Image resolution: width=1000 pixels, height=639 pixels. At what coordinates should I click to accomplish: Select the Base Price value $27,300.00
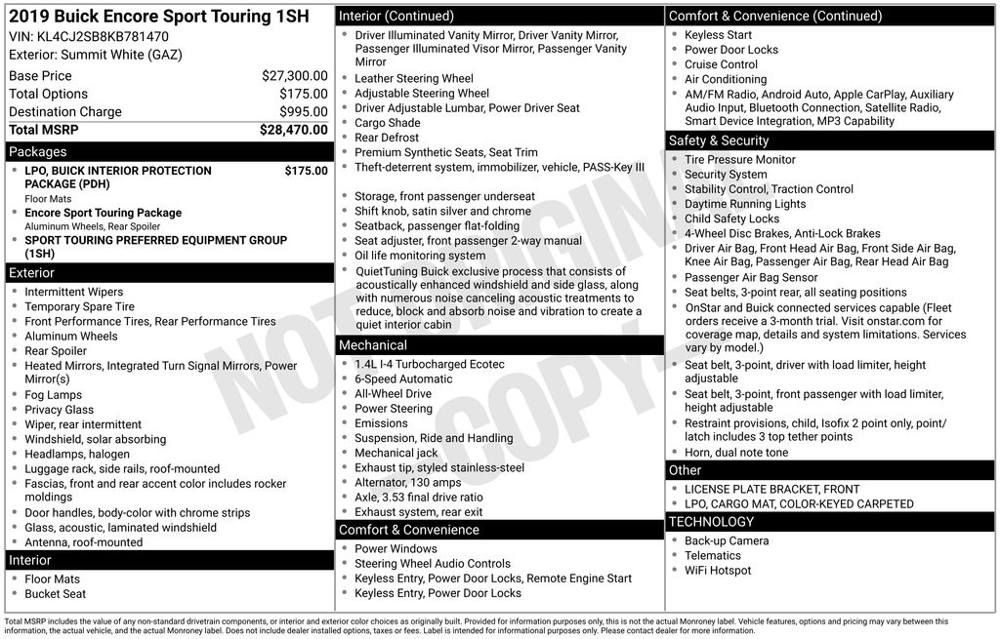click(294, 76)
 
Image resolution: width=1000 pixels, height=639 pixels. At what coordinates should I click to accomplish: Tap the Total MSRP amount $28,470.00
click(293, 130)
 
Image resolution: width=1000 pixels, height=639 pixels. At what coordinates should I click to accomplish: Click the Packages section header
click(38, 152)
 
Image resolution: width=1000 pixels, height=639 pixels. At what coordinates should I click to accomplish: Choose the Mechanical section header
click(373, 345)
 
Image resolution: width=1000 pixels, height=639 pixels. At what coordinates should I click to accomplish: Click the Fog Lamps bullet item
click(54, 395)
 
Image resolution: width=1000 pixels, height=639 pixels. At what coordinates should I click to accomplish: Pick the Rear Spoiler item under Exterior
click(56, 351)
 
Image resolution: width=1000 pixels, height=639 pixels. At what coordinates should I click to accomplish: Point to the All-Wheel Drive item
click(393, 394)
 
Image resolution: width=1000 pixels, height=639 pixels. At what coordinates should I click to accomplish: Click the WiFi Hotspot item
click(718, 571)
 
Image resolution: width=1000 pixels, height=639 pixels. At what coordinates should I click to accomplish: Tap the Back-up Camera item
click(727, 541)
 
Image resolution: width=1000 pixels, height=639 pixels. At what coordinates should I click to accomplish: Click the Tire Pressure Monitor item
click(740, 160)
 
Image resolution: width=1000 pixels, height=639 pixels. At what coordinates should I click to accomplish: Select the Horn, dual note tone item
click(736, 453)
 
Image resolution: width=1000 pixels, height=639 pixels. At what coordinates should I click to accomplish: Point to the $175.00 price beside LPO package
click(306, 171)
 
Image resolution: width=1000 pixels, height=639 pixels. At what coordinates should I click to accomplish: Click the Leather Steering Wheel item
click(414, 79)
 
